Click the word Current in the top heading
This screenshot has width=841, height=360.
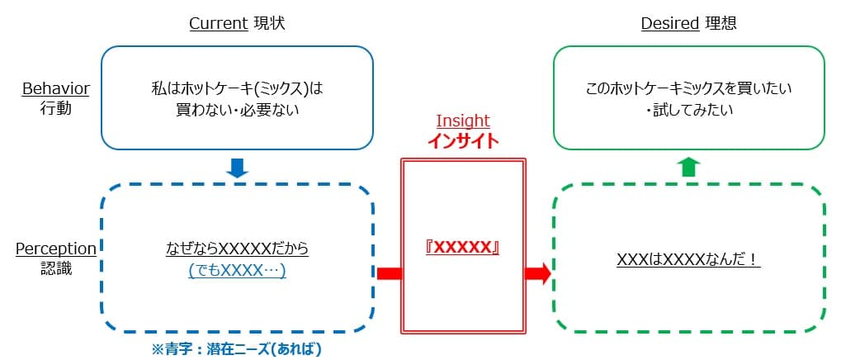pos(219,24)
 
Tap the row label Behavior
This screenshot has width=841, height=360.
pos(56,88)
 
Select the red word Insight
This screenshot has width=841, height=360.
pos(463,121)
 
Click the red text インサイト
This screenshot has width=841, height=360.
pos(463,141)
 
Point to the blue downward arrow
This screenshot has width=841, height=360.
pos(237,168)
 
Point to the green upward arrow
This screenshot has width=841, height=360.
pos(690,167)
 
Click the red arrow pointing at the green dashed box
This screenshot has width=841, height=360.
pos(537,273)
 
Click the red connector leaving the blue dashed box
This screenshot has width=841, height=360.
pos(389,273)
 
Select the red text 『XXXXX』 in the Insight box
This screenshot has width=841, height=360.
pos(463,248)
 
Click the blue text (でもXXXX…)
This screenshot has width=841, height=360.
pos(237,270)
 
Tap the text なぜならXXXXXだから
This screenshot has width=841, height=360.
pos(237,249)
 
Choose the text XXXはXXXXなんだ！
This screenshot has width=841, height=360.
pos(688,259)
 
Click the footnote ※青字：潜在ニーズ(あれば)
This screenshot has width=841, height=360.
pos(236,349)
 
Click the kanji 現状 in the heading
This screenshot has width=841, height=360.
pos(270,24)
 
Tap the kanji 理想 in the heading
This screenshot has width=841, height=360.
pos(721,24)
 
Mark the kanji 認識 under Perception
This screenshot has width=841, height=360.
pos(56,268)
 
